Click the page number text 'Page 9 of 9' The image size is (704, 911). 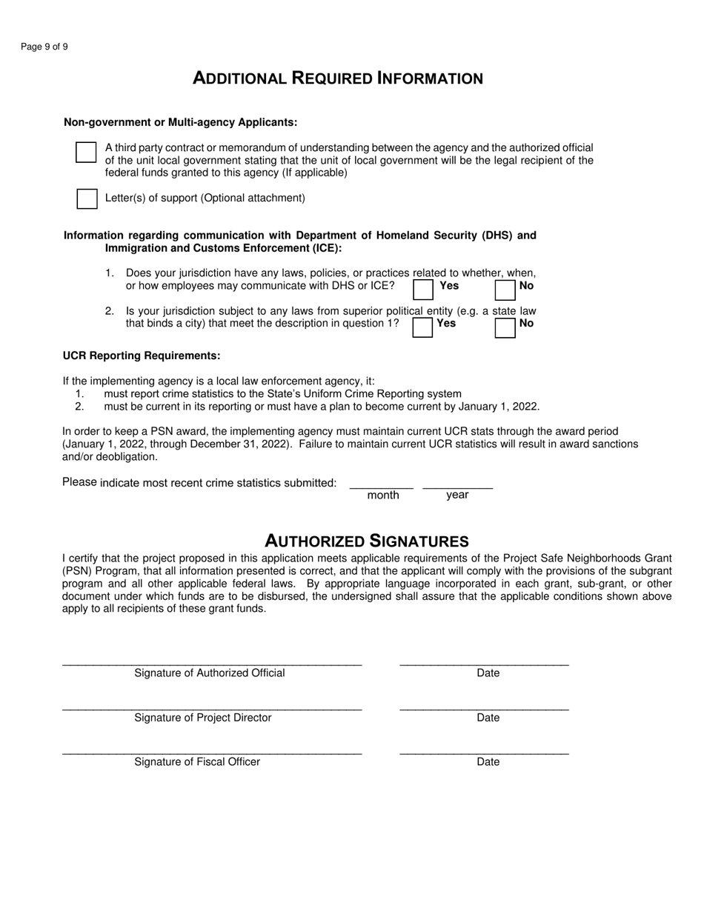pyautogui.click(x=44, y=47)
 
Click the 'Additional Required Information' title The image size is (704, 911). pyautogui.click(x=338, y=79)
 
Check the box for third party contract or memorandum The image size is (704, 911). pyautogui.click(x=86, y=153)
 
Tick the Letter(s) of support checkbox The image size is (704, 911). pyautogui.click(x=87, y=198)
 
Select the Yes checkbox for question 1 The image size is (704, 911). pyautogui.click(x=423, y=289)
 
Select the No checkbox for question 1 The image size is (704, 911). pyautogui.click(x=505, y=289)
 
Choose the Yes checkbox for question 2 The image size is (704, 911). pyautogui.click(x=422, y=327)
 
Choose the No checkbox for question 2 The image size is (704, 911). pyautogui.click(x=505, y=327)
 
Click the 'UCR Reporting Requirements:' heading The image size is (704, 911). pyautogui.click(x=142, y=356)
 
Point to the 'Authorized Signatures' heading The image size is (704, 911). pyautogui.click(x=367, y=541)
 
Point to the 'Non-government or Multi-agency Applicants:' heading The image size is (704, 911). pyautogui.click(x=181, y=122)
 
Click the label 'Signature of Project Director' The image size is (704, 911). pyautogui.click(x=203, y=718)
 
